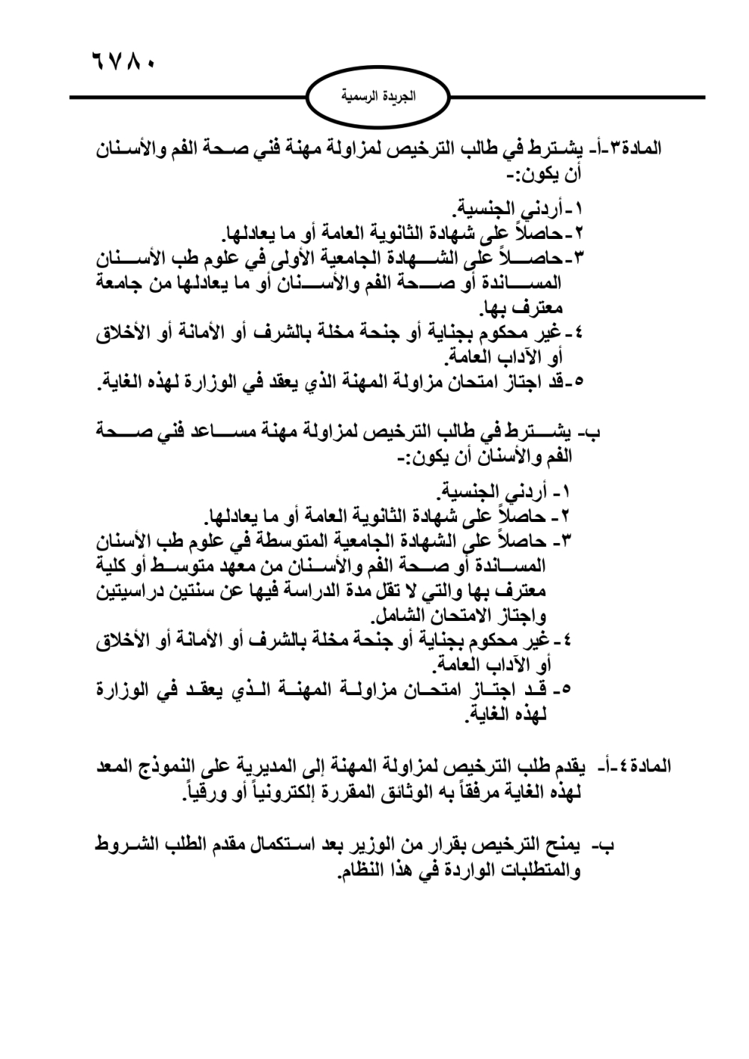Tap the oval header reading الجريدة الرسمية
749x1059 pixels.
[x=378, y=97]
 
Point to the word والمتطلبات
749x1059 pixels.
[x=535, y=872]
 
